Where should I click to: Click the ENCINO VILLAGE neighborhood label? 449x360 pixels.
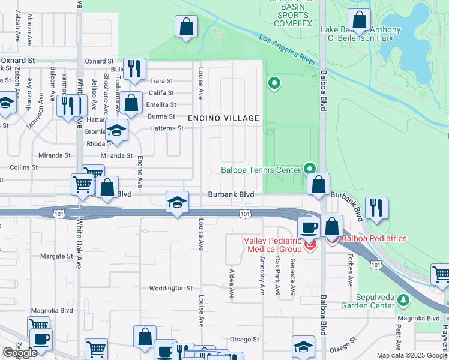click(224, 118)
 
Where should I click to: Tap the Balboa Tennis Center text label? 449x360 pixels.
click(261, 170)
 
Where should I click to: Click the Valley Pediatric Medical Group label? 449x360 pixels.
click(273, 244)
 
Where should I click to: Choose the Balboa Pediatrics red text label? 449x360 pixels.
click(374, 238)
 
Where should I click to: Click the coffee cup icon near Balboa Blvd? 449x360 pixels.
click(309, 228)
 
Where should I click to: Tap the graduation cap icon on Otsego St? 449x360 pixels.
click(303, 346)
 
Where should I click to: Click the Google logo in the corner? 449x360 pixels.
click(20, 353)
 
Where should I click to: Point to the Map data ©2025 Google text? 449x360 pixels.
click(412, 355)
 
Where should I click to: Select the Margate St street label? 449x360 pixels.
click(55, 256)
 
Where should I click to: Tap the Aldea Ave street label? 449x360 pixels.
click(232, 284)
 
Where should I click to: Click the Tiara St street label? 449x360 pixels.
click(161, 81)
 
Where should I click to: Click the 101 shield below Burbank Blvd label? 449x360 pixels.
click(245, 213)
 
